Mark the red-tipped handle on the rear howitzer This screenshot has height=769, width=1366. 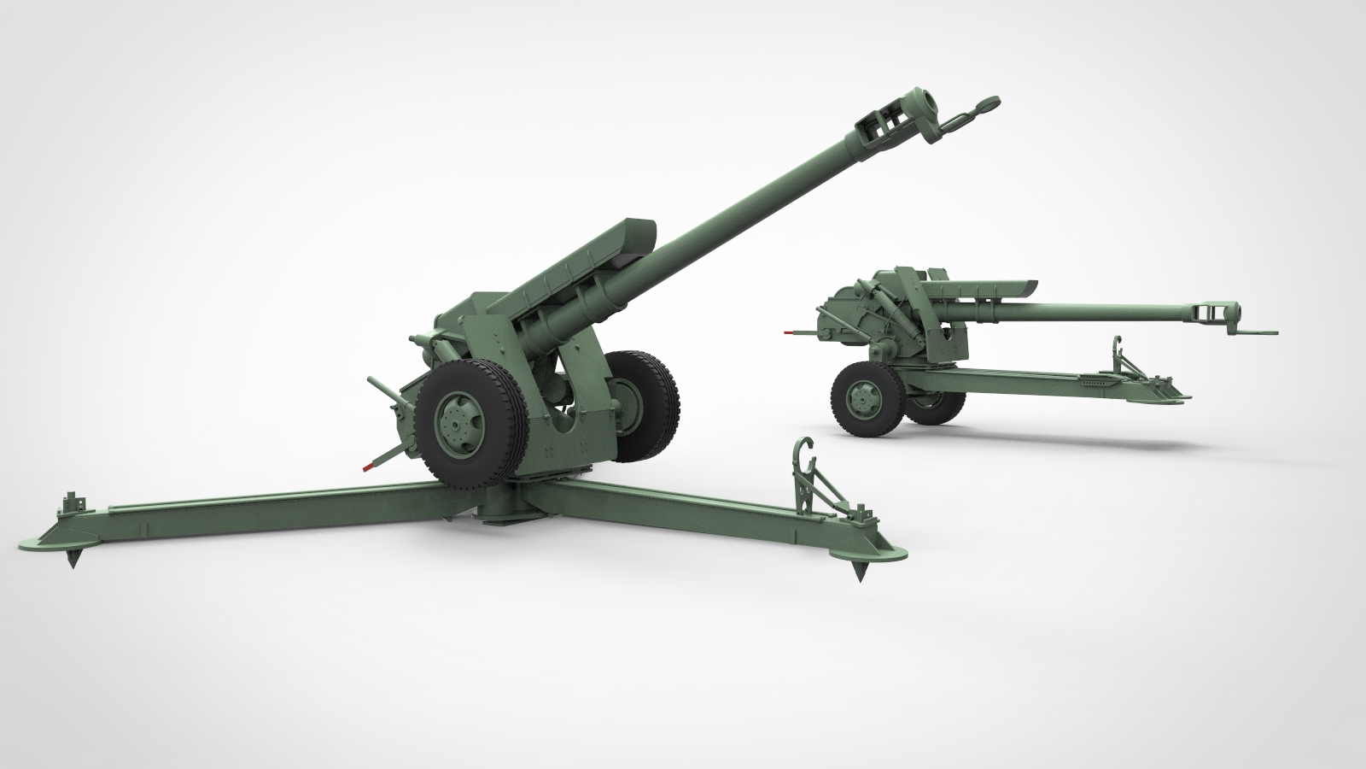point(792,329)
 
